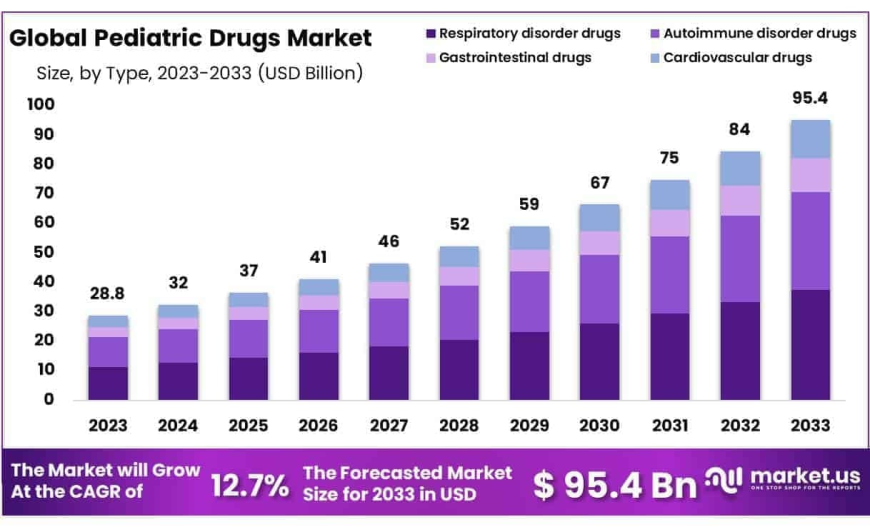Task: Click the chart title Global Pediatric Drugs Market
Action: click(x=190, y=39)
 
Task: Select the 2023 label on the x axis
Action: click(x=108, y=426)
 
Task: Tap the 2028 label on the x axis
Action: click(x=459, y=426)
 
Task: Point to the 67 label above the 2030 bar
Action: click(x=599, y=183)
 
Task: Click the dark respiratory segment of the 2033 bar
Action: click(x=810, y=344)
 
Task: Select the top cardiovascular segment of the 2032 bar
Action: click(x=740, y=168)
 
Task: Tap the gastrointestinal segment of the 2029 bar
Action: click(x=529, y=260)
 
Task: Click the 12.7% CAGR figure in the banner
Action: click(x=249, y=485)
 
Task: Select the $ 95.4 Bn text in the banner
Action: click(x=614, y=485)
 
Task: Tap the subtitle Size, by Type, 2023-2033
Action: click(x=199, y=72)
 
